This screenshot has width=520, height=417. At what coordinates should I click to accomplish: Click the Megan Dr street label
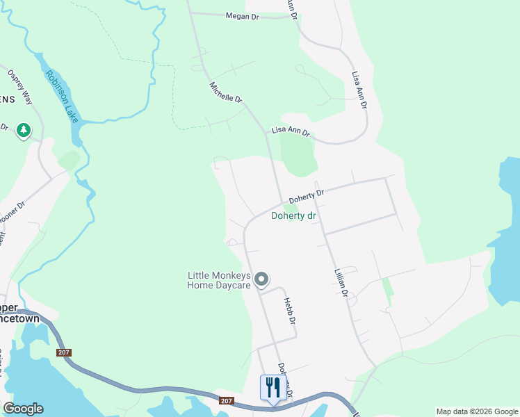242,16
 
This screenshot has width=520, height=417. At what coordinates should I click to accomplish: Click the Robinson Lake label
62,97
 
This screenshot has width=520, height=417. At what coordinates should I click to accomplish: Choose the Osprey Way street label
19,86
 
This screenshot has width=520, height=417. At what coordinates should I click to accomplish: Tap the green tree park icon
24,130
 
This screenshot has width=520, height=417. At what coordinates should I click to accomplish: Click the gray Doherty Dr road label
307,197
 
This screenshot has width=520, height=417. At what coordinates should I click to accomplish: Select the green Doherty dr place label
293,216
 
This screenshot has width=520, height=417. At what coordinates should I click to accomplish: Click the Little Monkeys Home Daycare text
218,280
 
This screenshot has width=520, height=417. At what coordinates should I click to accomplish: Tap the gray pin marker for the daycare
261,279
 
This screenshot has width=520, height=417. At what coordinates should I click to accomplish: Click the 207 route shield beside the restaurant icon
226,401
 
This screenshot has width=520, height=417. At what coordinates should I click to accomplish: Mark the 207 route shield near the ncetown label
64,352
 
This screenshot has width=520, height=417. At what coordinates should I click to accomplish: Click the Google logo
22,409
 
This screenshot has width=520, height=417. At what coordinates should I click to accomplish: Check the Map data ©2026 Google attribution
477,411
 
